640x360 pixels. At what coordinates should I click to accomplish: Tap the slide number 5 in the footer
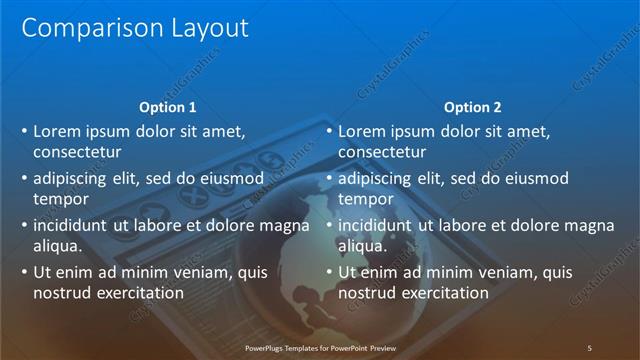[x=589, y=347]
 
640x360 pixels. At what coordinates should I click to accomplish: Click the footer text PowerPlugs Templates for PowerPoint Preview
[x=320, y=347]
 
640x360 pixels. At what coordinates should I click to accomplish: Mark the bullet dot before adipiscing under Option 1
[x=24, y=179]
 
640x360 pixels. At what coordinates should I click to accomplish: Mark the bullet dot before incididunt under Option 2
[x=329, y=226]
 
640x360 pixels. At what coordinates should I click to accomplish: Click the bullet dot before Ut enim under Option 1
[x=24, y=273]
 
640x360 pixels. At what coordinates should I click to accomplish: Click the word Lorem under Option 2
[x=362, y=131]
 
